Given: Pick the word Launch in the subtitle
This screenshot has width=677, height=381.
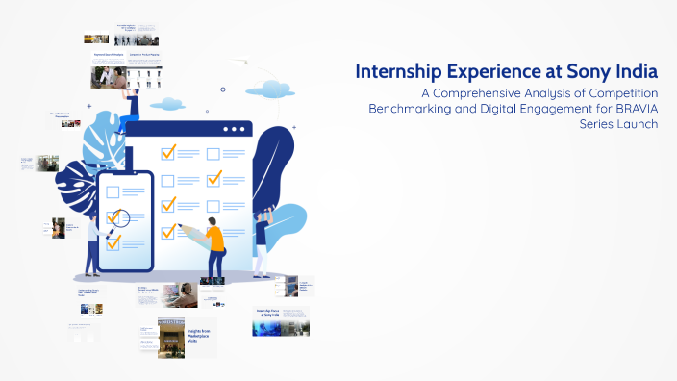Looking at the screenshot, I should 638,125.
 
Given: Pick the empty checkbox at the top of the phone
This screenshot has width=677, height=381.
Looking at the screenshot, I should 113,191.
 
